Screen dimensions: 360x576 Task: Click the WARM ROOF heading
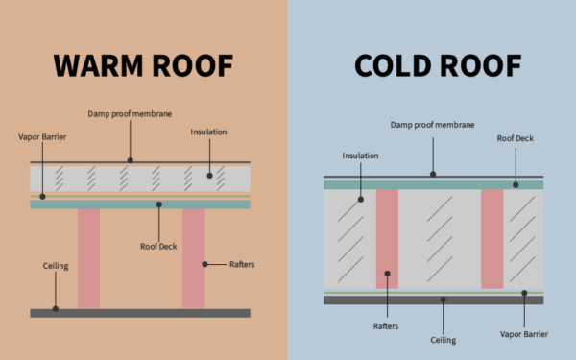[x=143, y=65]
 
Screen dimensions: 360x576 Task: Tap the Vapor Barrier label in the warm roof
[x=41, y=137]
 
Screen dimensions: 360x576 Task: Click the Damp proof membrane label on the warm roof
[x=131, y=115]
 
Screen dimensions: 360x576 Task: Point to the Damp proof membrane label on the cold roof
[x=432, y=125]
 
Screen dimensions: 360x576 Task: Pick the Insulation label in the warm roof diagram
[x=208, y=132]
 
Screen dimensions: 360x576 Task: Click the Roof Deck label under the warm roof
[x=159, y=247]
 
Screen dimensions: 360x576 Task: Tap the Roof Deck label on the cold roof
[x=516, y=138]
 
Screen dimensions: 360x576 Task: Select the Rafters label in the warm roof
[x=241, y=262]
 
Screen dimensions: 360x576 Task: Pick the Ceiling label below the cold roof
[x=444, y=339]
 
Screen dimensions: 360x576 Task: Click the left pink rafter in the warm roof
[x=88, y=259]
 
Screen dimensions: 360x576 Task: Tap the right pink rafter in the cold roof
[x=492, y=238]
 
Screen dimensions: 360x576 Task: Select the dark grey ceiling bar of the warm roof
[x=140, y=313]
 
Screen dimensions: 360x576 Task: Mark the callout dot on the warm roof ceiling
[x=56, y=309]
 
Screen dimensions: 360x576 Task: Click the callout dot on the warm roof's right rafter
[x=204, y=262]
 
